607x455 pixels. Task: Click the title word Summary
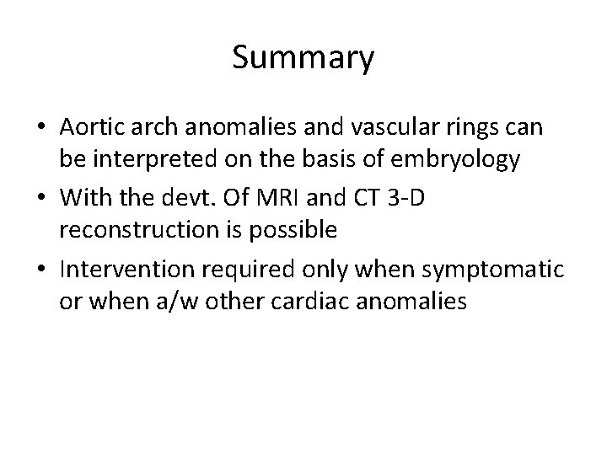(303, 58)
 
